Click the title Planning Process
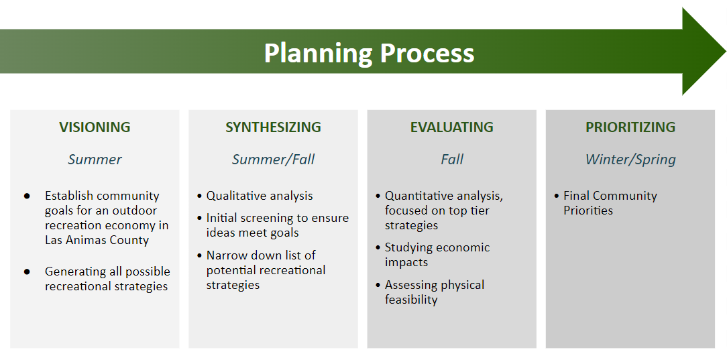point(369,53)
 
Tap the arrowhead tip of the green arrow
point(726,51)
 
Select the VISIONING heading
point(95,127)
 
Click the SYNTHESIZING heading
point(273,127)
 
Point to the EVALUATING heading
point(451,127)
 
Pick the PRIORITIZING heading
point(630,127)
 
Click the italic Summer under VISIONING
point(95,160)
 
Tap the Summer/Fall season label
point(273,160)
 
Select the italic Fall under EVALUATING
point(452,160)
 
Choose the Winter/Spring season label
point(630,160)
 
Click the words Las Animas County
point(97,240)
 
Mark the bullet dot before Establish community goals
point(27,196)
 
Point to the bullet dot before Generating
point(27,272)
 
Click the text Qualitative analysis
point(260,196)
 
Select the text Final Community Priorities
point(610,203)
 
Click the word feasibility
point(411,300)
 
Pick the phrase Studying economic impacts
point(437,255)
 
